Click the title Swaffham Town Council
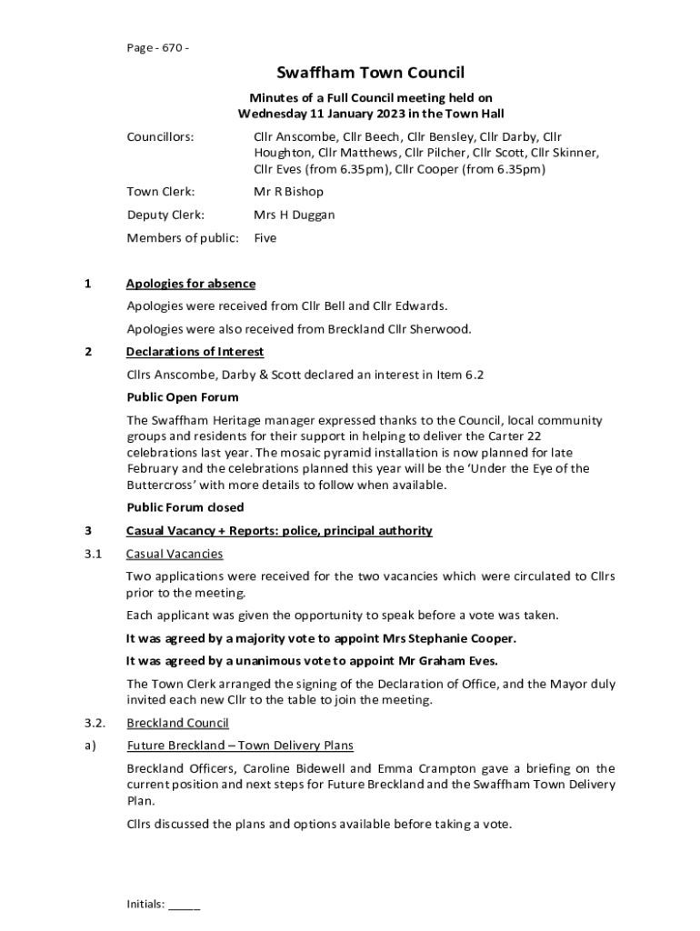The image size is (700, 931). tap(371, 73)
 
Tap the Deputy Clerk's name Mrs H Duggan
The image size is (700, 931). tap(294, 215)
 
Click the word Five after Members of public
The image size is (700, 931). tap(265, 238)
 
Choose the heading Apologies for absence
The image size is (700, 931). tap(191, 284)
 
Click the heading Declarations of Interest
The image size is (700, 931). tap(195, 351)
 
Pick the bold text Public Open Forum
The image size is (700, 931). tap(183, 397)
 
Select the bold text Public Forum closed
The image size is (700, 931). tap(185, 507)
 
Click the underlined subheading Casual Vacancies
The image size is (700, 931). tap(175, 554)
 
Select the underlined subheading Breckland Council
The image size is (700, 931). tap(177, 723)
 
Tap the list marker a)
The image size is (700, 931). tap(90, 746)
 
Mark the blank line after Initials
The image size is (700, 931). tap(185, 906)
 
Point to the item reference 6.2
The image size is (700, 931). tap(485, 375)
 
